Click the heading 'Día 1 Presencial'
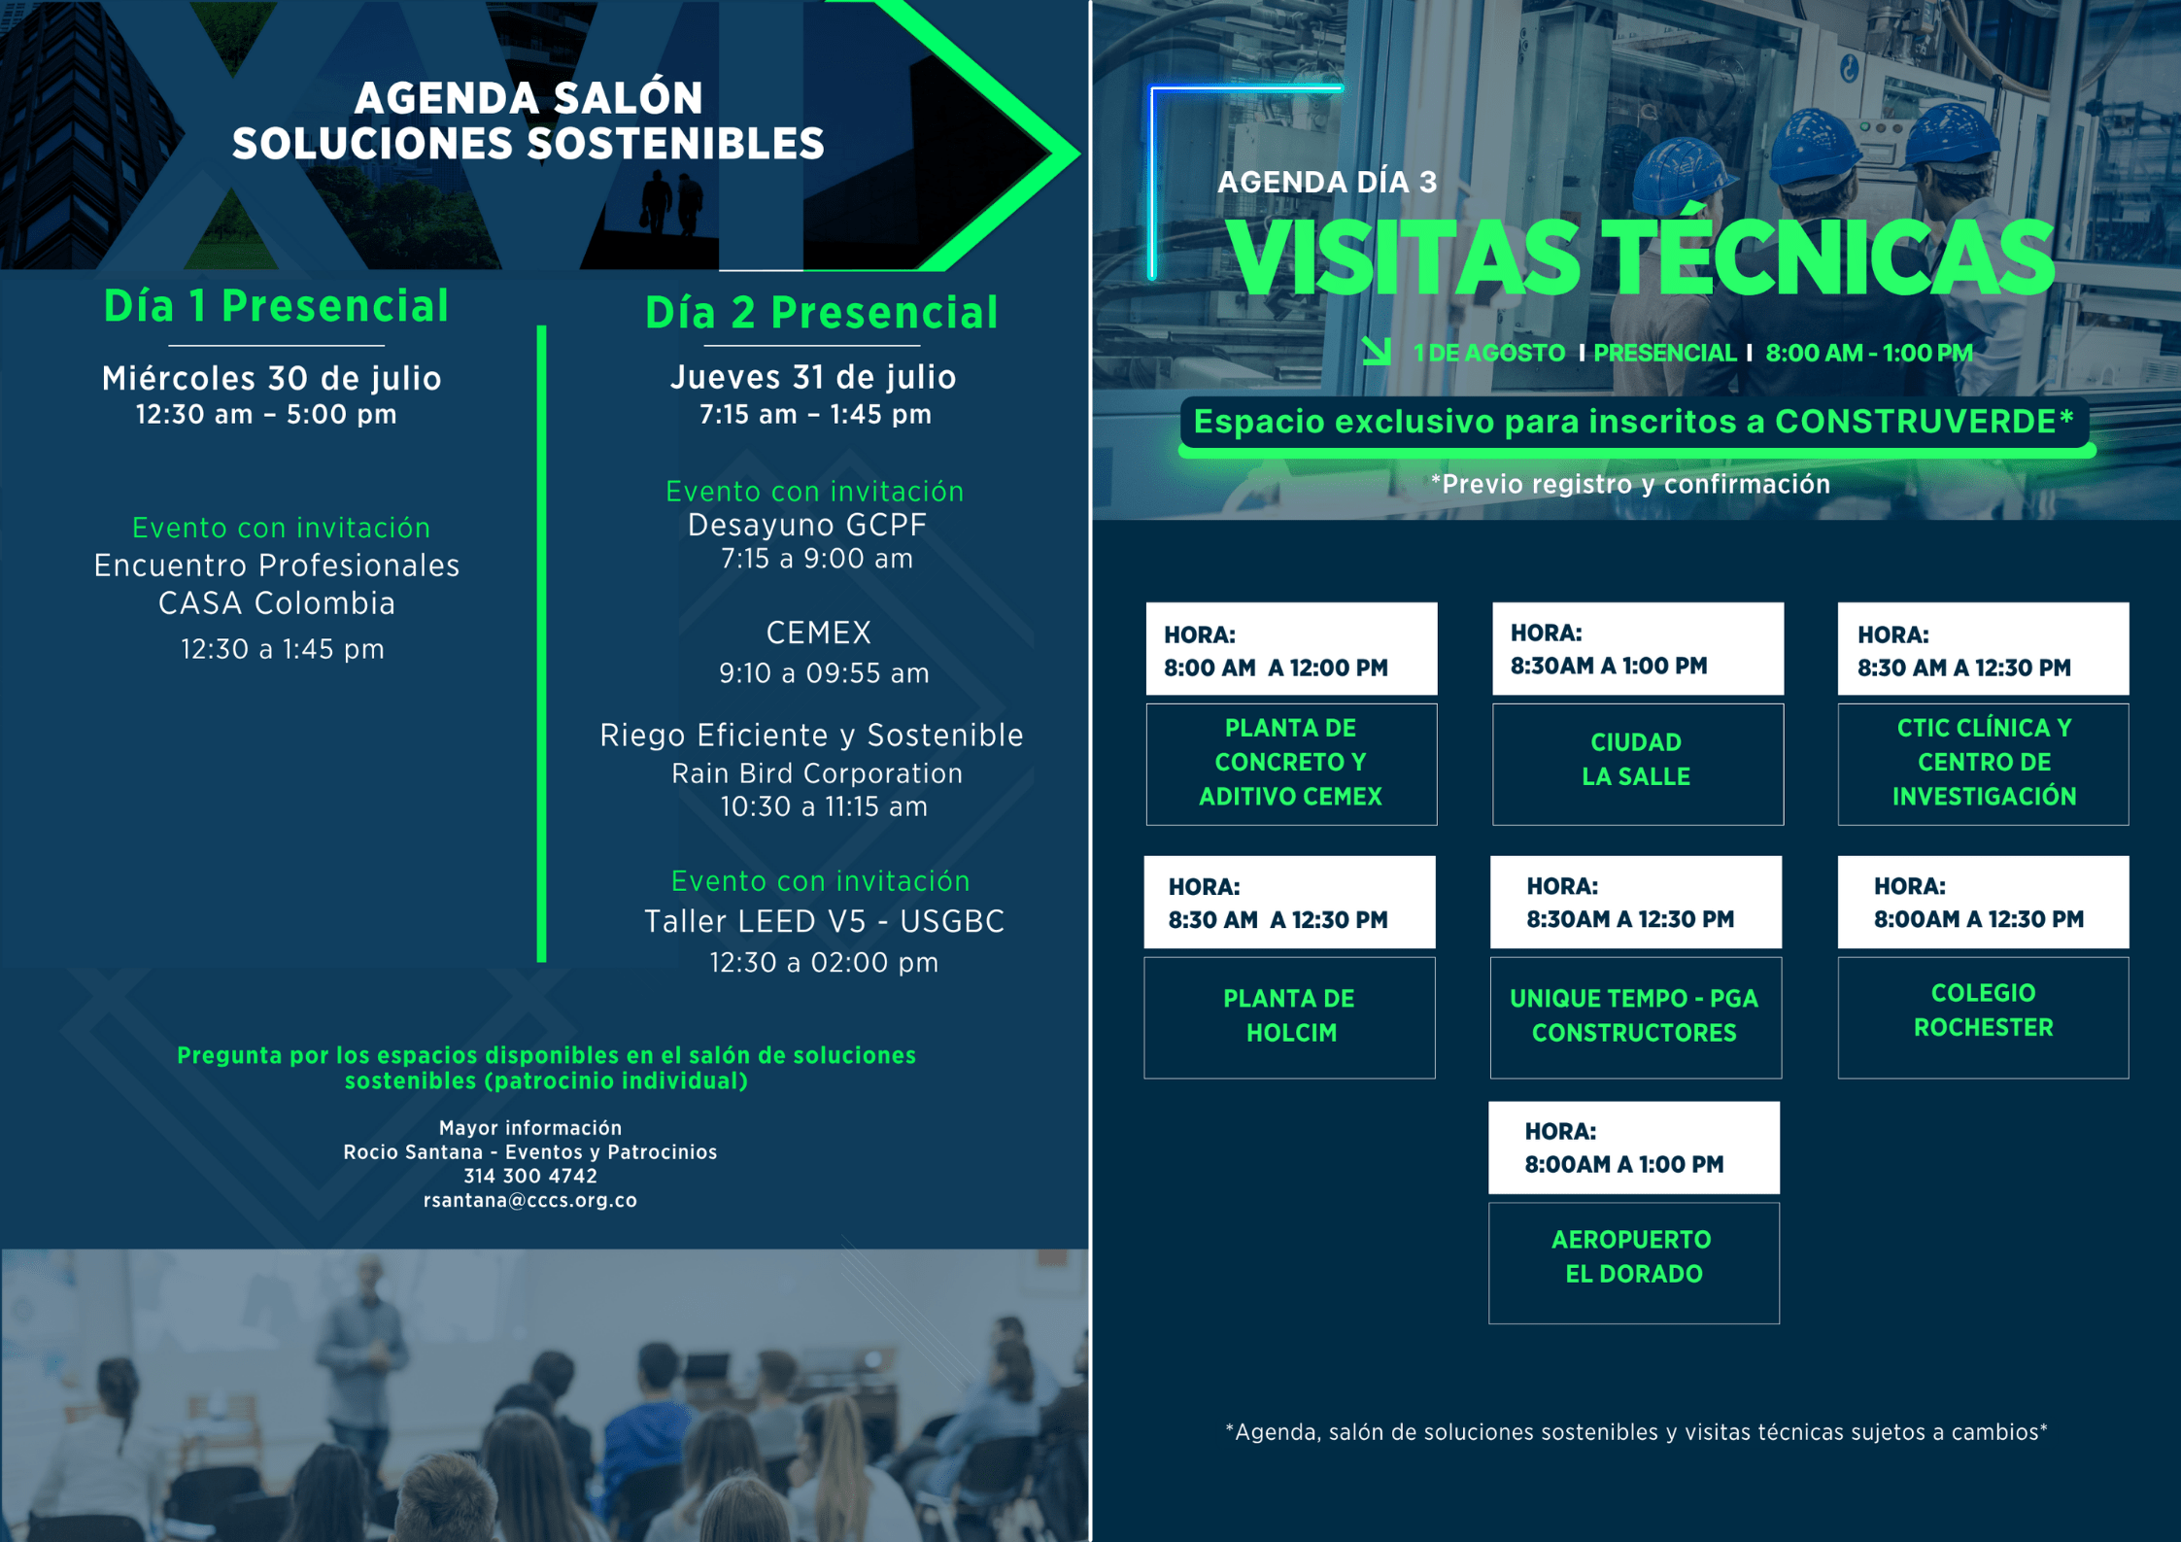coord(276,306)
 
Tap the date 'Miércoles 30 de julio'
coord(272,378)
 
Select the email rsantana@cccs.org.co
coord(530,1200)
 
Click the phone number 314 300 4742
coord(530,1176)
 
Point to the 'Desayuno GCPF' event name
coord(807,525)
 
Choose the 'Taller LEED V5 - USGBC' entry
coord(825,921)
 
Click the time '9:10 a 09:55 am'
coord(824,672)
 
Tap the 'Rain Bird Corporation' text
coord(817,773)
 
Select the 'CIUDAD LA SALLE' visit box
coord(1638,764)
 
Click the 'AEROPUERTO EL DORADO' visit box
coord(1634,1262)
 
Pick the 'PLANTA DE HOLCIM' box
coord(1289,1017)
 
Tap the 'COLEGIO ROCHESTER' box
coord(1983,1017)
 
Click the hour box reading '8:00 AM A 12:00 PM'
coord(1291,648)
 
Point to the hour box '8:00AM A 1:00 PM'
coord(1634,1148)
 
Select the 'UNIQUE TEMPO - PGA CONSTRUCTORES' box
coord(1636,1017)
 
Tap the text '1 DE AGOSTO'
coord(1488,353)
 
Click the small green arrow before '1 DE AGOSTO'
coord(1377,351)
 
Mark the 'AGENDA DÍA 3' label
coord(1327,182)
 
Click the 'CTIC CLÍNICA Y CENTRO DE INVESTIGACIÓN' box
coord(1983,764)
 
